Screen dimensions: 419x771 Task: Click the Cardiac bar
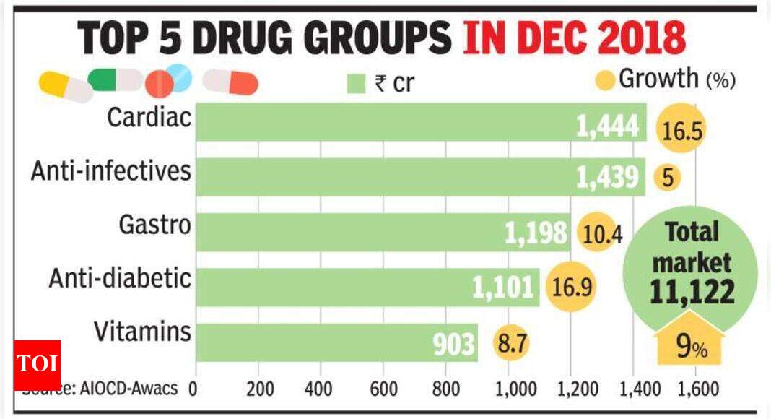pyautogui.click(x=419, y=122)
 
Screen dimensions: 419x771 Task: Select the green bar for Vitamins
pyautogui.click(x=336, y=342)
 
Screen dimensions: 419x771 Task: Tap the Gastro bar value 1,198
pyautogui.click(x=535, y=233)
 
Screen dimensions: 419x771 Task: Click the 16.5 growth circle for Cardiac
pyautogui.click(x=680, y=129)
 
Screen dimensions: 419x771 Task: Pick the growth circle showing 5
pyautogui.click(x=668, y=177)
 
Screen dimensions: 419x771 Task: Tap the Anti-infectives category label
pyautogui.click(x=110, y=171)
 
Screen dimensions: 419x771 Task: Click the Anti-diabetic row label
pyautogui.click(x=120, y=278)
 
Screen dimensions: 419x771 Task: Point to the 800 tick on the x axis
pyautogui.click(x=447, y=389)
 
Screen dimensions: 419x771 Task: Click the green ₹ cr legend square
pyautogui.click(x=356, y=83)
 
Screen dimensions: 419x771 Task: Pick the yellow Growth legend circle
pyautogui.click(x=606, y=79)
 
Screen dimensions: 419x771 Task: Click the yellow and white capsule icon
pyautogui.click(x=65, y=87)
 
